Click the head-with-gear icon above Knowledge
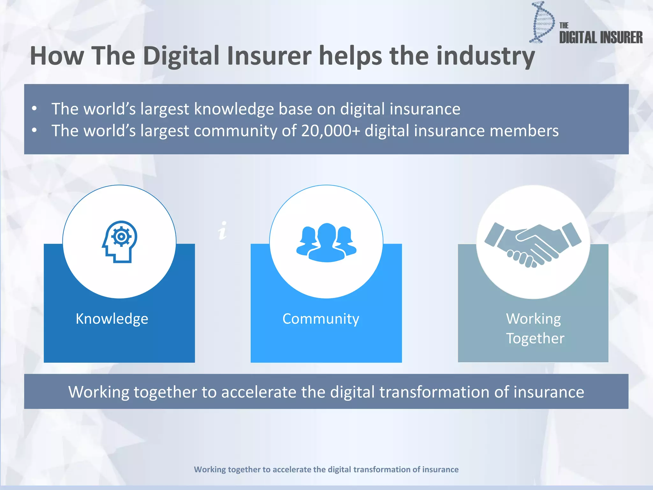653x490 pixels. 120,241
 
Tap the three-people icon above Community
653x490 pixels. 326,242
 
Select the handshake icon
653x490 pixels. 533,244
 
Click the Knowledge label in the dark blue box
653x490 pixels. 112,319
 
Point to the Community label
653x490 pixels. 321,319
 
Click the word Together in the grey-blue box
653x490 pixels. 535,338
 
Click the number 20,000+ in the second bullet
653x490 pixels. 330,131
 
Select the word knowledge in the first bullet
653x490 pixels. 234,109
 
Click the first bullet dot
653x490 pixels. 34,108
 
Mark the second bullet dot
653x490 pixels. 34,130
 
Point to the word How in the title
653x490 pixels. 57,56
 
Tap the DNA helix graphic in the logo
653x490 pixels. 542,22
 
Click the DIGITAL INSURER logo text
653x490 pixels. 601,38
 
